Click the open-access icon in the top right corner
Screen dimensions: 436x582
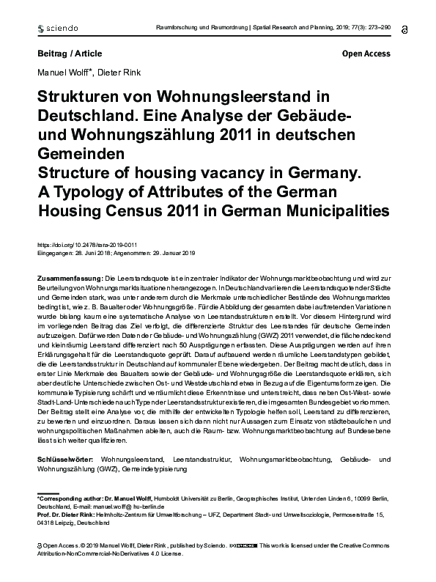pos(406,27)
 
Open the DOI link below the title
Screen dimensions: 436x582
pos(87,245)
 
